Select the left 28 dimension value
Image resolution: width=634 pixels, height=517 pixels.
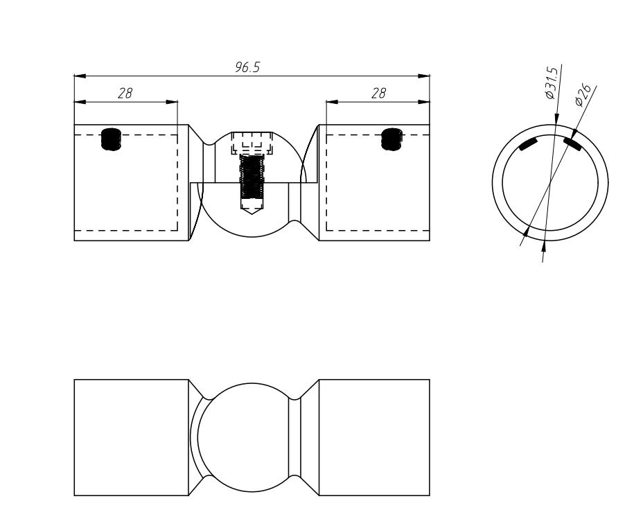(x=125, y=94)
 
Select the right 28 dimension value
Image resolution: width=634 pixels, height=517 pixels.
(x=378, y=94)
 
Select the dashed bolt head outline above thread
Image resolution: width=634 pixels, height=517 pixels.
(x=252, y=144)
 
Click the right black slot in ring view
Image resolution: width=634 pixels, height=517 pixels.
(x=572, y=143)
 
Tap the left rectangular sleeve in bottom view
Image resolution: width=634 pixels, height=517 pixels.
(x=131, y=437)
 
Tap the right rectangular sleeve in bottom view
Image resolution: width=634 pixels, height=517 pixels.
(x=373, y=437)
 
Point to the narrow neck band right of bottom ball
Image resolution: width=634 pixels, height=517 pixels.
(x=294, y=437)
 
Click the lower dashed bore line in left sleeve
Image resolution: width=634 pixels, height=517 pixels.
(x=125, y=230)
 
